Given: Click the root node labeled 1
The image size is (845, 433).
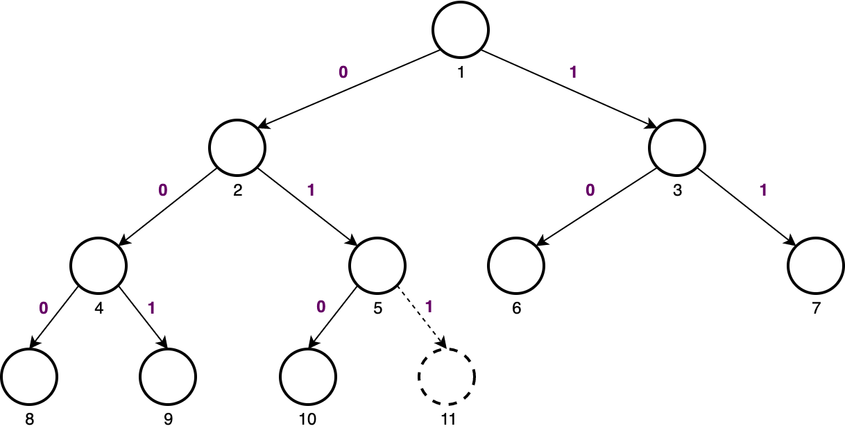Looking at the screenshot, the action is [x=461, y=29].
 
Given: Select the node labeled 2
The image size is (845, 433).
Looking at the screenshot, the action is [x=238, y=148].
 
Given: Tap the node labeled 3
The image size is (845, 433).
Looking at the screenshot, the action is [x=677, y=148].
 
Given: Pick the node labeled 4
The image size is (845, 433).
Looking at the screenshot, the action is [x=99, y=266].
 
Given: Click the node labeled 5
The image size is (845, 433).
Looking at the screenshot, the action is [x=377, y=266].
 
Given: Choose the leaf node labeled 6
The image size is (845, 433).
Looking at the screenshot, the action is [x=516, y=266].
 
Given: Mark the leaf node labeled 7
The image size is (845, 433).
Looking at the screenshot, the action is [x=816, y=266].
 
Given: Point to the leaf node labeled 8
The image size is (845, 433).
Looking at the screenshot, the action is [x=29, y=377].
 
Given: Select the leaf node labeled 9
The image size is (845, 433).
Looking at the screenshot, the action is [x=168, y=377].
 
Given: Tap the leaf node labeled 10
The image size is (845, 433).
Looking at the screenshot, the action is [x=308, y=377].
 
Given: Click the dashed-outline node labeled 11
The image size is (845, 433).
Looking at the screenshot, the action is [x=447, y=377].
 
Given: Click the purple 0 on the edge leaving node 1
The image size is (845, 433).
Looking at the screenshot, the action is [x=343, y=71].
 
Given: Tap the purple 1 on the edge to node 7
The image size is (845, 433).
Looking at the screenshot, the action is [x=763, y=189].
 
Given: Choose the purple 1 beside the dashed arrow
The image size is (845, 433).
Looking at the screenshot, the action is [x=428, y=306].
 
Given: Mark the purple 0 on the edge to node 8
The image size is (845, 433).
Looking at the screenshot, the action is [x=43, y=307].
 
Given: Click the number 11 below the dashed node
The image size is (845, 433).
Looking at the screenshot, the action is [x=447, y=420].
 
